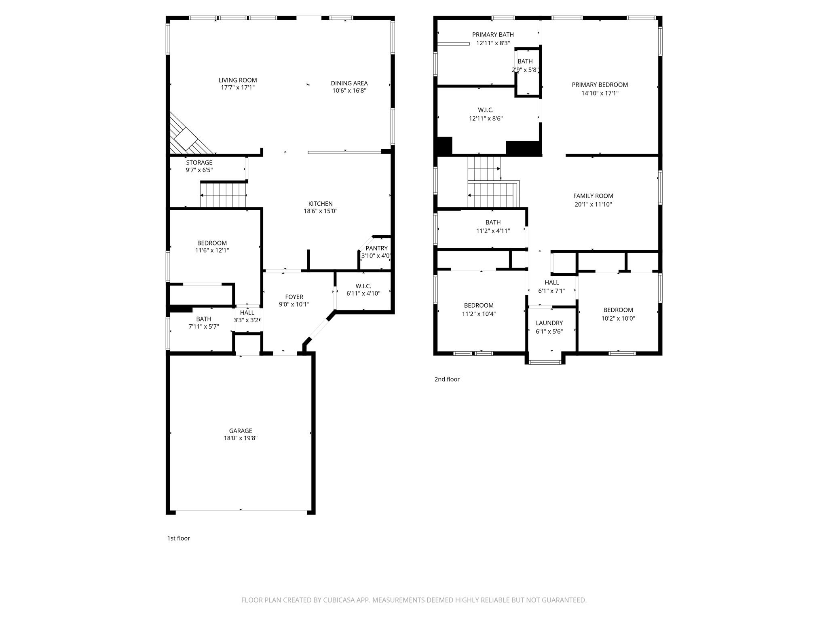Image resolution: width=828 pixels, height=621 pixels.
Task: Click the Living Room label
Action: click(238, 80)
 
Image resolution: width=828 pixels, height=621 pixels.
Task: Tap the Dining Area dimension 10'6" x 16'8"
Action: click(349, 91)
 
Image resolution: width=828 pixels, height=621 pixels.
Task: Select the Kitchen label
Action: click(320, 204)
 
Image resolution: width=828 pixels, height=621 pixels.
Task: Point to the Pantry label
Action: click(376, 248)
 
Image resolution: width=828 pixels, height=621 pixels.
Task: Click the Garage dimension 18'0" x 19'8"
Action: click(241, 438)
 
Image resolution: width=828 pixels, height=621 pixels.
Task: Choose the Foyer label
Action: click(294, 297)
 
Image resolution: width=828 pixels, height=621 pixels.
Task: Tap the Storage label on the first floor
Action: click(199, 163)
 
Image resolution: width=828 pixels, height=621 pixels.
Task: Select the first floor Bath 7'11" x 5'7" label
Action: click(204, 319)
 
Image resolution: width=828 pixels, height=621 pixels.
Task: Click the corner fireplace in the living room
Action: click(186, 137)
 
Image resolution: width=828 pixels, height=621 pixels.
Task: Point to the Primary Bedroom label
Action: click(600, 84)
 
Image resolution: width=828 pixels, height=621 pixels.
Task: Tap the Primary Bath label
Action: click(493, 35)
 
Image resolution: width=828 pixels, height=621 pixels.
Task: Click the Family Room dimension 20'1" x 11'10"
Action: click(593, 205)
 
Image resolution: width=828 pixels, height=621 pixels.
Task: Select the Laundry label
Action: click(549, 323)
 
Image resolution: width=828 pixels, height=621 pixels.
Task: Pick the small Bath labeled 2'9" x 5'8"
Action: click(525, 61)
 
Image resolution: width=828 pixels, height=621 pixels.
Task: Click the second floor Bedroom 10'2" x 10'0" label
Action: click(618, 310)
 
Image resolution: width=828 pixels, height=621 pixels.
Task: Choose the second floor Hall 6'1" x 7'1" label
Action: click(551, 283)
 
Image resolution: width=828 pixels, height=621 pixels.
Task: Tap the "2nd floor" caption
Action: click(447, 379)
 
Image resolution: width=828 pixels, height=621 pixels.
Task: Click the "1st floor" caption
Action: click(178, 538)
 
